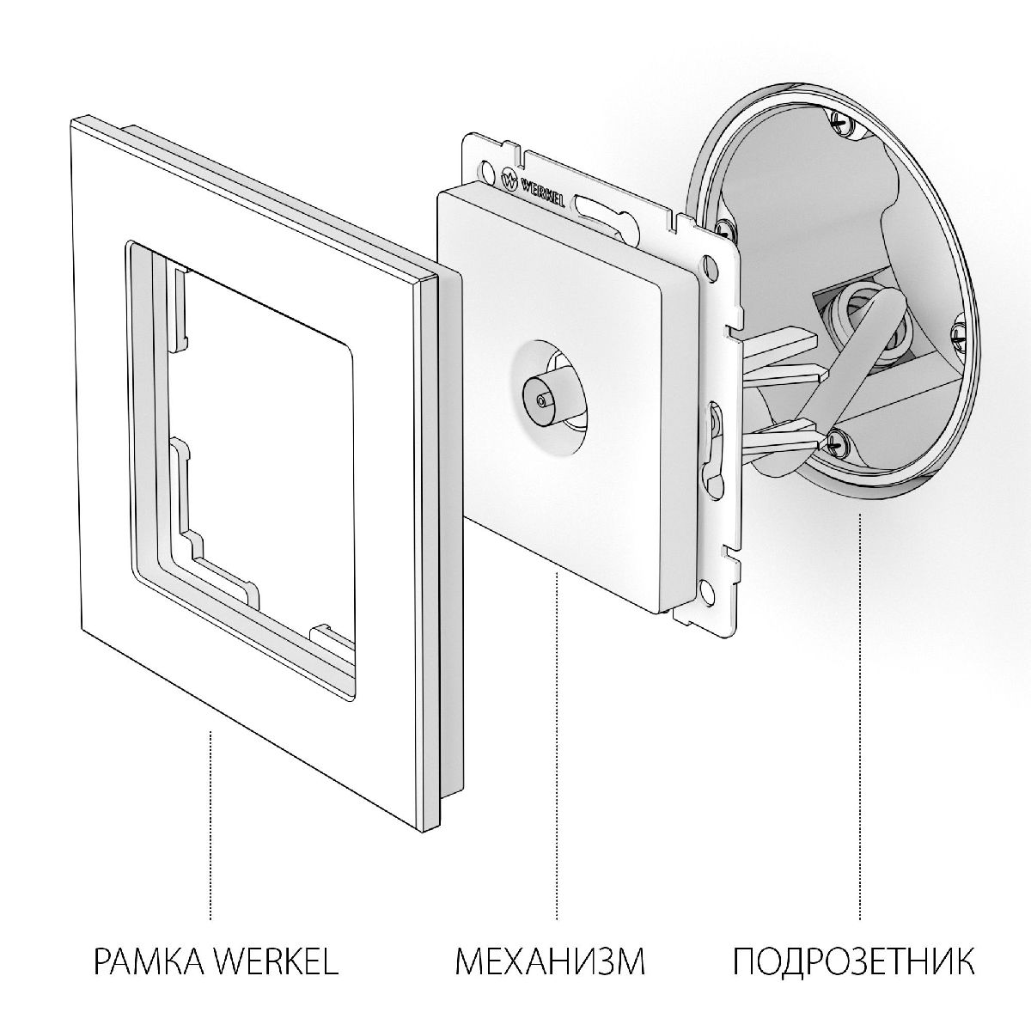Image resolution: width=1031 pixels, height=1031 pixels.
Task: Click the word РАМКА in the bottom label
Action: click(x=147, y=961)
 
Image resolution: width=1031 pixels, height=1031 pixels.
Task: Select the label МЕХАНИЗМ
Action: click(x=550, y=961)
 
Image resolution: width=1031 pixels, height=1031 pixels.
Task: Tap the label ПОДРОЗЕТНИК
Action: click(x=853, y=961)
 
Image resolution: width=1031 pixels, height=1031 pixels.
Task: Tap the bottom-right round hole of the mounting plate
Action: click(x=705, y=589)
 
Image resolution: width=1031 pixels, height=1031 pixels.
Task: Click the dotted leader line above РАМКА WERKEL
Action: click(x=211, y=825)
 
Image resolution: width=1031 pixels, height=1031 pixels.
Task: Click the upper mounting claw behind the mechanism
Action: click(x=778, y=339)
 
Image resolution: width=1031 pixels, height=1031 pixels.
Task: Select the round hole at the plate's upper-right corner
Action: click(x=709, y=261)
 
